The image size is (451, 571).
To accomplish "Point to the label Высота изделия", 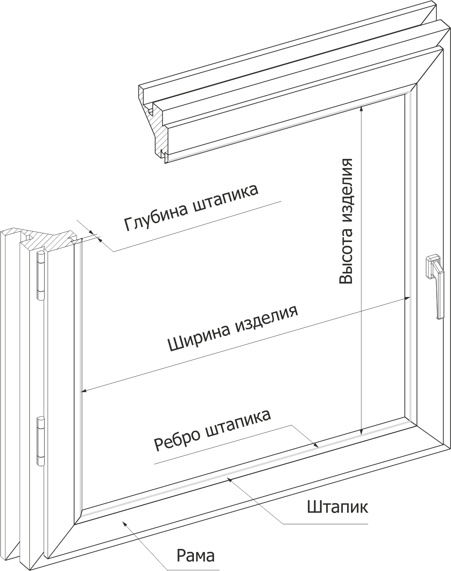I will tap(347, 221).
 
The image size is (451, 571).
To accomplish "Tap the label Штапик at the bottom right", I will tap(338, 506).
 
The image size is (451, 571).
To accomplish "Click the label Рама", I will tap(196, 555).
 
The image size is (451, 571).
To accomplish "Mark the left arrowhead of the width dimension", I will tap(84, 391).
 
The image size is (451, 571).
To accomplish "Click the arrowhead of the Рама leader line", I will tap(125, 523).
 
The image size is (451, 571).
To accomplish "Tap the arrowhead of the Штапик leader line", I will tap(230, 478).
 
